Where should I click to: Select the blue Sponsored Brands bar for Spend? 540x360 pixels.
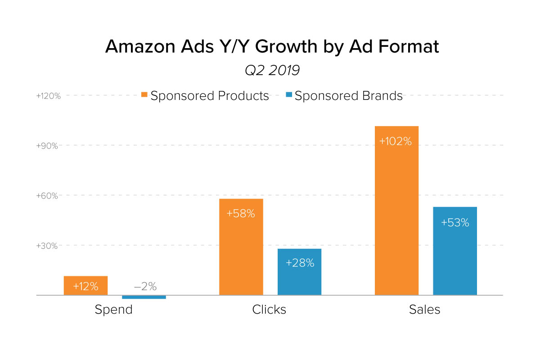(x=144, y=297)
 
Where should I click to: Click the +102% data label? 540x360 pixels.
(x=396, y=141)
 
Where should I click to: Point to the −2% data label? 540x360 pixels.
(x=144, y=287)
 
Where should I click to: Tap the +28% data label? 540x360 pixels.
(x=300, y=263)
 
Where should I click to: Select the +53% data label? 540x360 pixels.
(x=455, y=222)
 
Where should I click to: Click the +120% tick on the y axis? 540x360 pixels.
(x=48, y=96)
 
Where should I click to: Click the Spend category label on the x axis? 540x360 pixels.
(x=114, y=310)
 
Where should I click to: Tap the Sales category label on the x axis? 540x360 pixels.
(x=424, y=310)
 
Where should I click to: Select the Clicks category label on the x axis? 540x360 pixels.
(x=269, y=310)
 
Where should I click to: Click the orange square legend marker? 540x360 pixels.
(x=144, y=95)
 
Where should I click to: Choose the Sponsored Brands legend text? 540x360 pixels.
(x=348, y=96)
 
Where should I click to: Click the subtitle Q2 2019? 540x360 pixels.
(x=272, y=71)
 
